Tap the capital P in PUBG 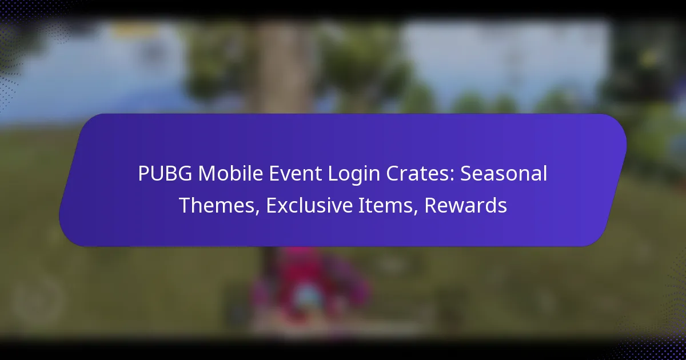click(143, 174)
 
